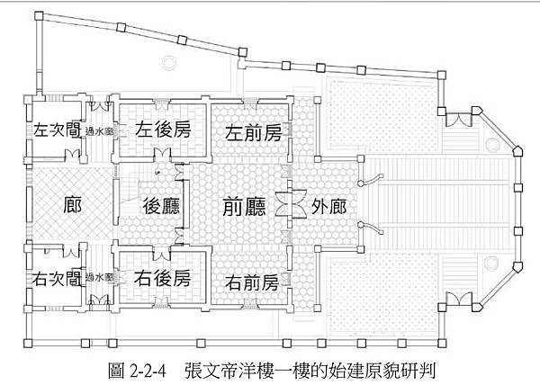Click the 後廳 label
coord(162,205)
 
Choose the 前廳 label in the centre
coord(244,205)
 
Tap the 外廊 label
coord(328,205)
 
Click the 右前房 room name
coord(253,282)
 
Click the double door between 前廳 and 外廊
coord(289,204)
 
